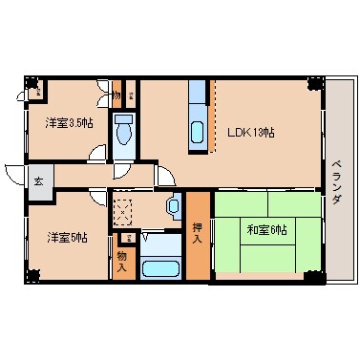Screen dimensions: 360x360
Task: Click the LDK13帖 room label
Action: coord(250,132)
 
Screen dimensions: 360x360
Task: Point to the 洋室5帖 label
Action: coord(68,237)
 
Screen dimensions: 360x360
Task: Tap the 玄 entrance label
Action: coord(39,180)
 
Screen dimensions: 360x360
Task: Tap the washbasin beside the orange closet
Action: coord(173,205)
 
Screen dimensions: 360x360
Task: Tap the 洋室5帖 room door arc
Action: coord(98,198)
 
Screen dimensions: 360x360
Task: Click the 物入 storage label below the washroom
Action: coord(122,260)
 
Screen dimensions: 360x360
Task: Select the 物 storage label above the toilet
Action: coord(116,96)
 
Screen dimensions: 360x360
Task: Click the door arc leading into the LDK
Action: coord(165,178)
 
